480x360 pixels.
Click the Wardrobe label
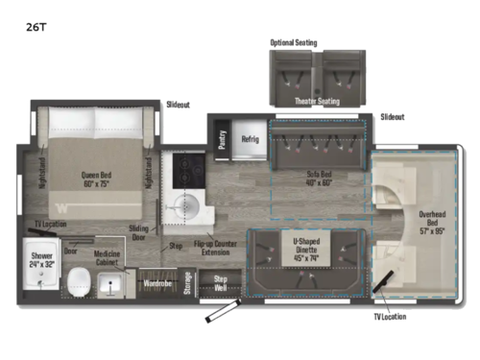point(156,284)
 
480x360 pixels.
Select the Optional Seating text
point(293,43)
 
